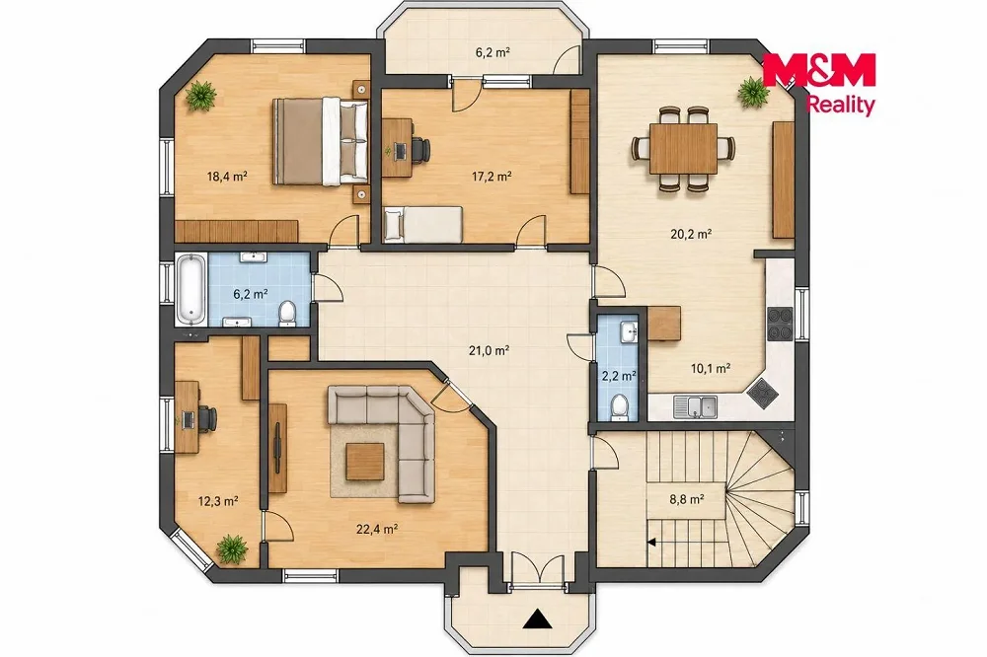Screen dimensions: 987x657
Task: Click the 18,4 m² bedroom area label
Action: coord(227,177)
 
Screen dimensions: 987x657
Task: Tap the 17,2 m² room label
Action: coord(492,177)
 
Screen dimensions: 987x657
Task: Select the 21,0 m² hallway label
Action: coord(489,350)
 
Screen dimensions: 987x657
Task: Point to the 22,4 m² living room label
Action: coord(376,529)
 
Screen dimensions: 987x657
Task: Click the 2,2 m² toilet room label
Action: coord(619,376)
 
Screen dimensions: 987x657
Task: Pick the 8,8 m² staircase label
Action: coord(686,499)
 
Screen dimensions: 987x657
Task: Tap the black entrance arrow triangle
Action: coord(537,619)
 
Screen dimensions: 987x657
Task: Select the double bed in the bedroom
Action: coord(321,142)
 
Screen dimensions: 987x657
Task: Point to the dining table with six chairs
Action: coord(683,149)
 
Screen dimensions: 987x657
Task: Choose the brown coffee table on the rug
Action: coord(365,462)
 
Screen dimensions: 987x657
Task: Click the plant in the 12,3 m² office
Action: coord(232,549)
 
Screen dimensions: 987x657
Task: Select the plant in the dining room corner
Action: coord(753,93)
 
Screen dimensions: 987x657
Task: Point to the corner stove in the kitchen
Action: coord(763,394)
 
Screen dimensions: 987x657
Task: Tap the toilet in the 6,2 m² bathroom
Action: coord(287,314)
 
